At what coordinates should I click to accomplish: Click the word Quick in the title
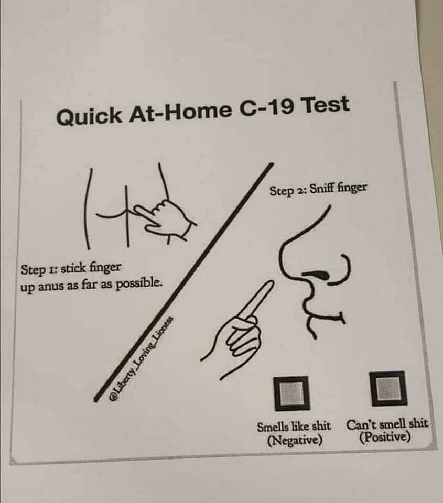(x=89, y=116)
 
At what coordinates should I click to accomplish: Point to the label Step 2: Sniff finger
(x=318, y=189)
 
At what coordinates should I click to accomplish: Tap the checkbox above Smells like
(x=292, y=393)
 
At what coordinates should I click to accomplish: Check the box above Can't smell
(x=388, y=388)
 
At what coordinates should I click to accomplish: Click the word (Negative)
(x=295, y=440)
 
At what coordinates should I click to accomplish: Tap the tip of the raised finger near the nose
(x=270, y=283)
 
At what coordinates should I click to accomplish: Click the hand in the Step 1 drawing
(x=165, y=218)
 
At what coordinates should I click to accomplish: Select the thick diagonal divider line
(x=183, y=282)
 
